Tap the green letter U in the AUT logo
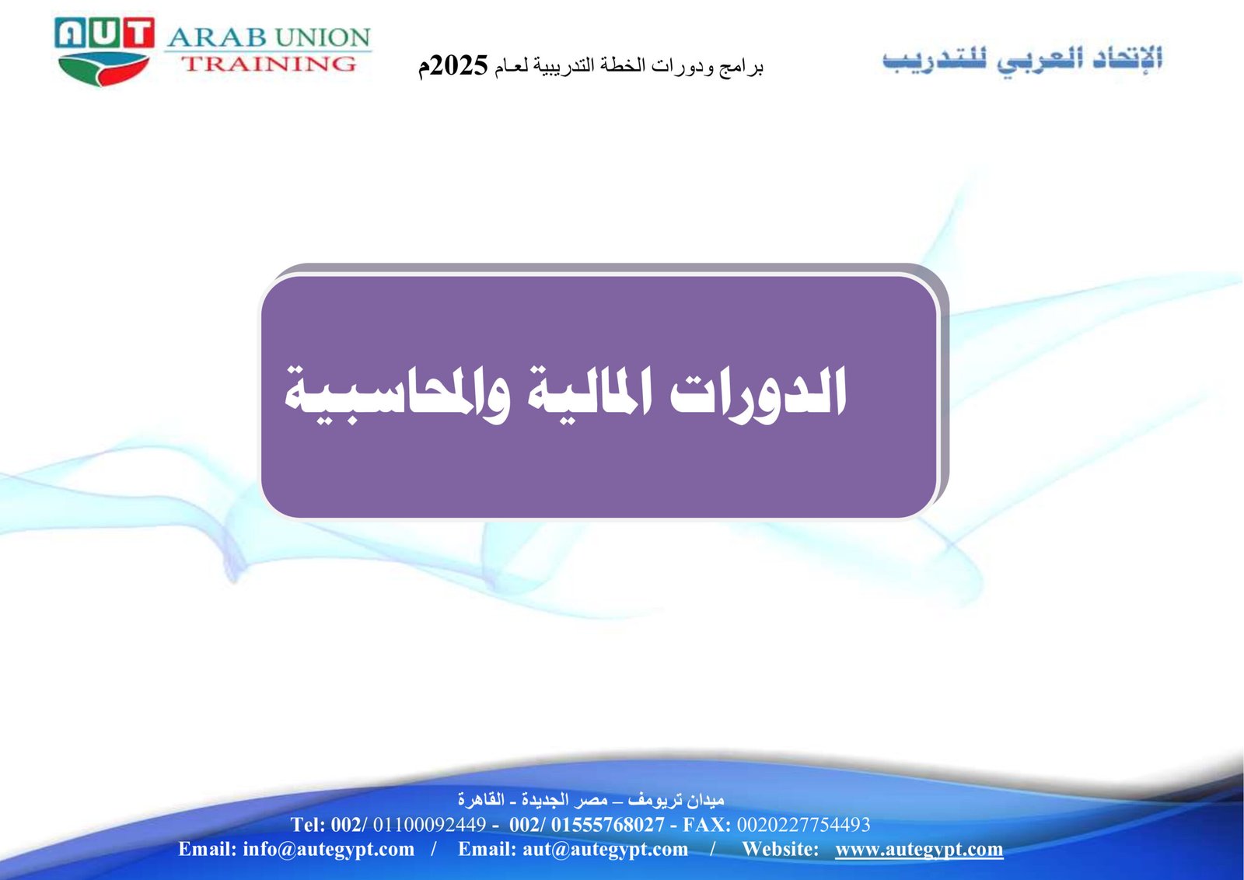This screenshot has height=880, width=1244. click(x=104, y=32)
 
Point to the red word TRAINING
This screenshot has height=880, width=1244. click(x=269, y=63)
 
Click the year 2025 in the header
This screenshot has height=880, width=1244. click(x=460, y=65)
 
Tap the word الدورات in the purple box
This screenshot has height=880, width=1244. click(x=758, y=393)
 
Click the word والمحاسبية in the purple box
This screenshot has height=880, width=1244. click(x=397, y=395)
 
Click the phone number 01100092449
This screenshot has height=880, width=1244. click(x=429, y=825)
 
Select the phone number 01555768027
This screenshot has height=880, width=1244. click(x=607, y=825)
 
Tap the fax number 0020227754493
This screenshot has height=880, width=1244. click(x=803, y=825)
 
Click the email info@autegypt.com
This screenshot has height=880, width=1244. click(x=328, y=849)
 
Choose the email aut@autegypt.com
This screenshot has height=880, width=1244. click(x=605, y=849)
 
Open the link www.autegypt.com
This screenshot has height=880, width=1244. click(x=919, y=849)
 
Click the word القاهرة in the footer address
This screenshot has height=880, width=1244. click(x=481, y=799)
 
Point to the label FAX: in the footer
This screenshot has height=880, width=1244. click(x=707, y=825)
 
